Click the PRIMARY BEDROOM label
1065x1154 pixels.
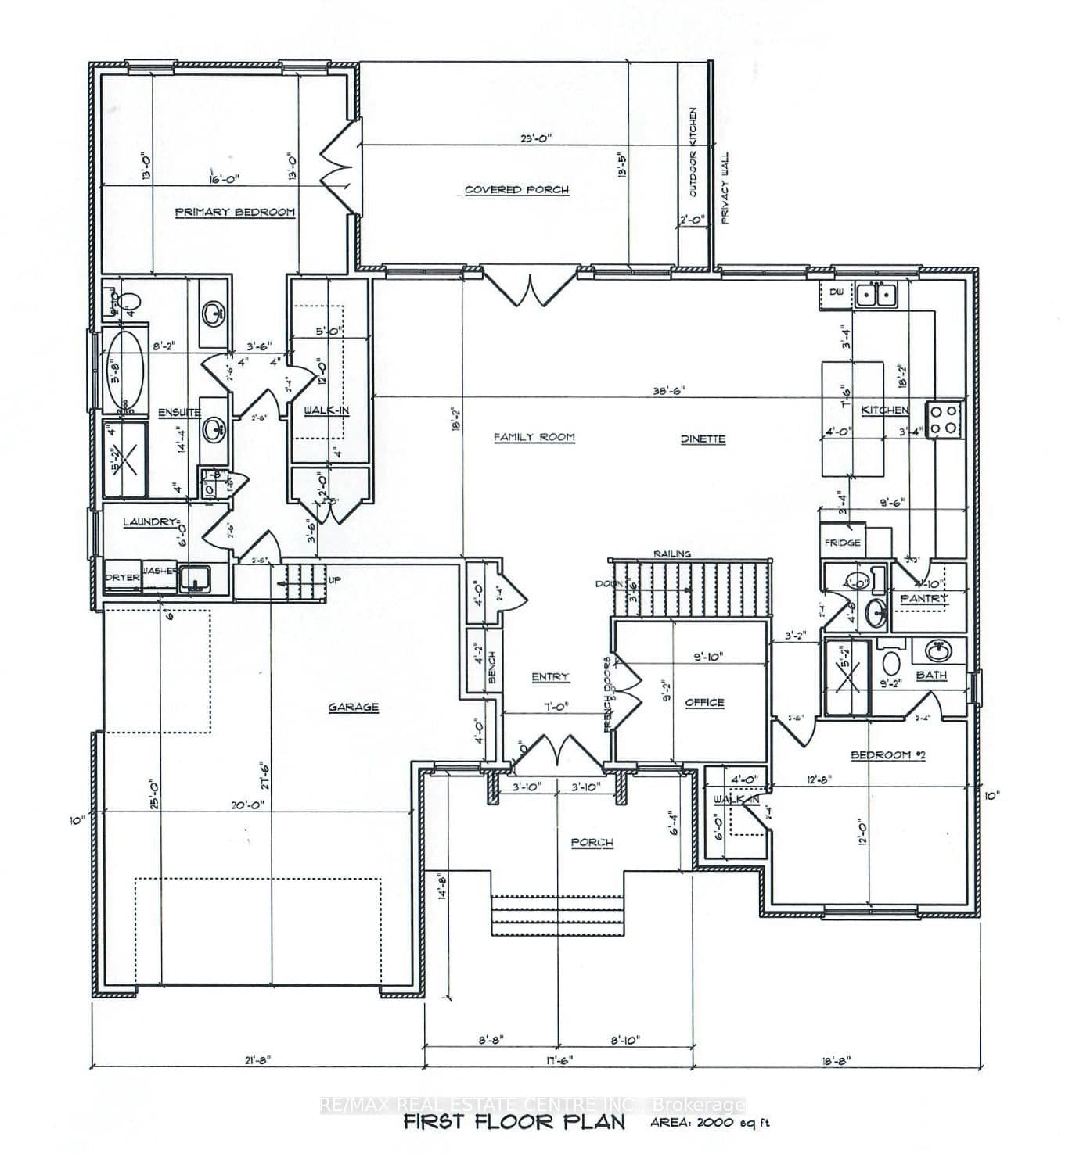[x=235, y=212]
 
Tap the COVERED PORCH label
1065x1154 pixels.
[x=516, y=189]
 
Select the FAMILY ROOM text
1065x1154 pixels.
[x=534, y=437]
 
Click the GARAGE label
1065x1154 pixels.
[x=353, y=707]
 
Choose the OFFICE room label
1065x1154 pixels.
[x=704, y=703]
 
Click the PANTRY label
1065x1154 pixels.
[x=924, y=599]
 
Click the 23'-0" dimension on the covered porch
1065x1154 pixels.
[x=536, y=138]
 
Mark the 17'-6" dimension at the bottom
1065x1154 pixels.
[x=558, y=1060]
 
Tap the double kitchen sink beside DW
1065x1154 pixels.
[x=875, y=295]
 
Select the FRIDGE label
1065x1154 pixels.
[x=842, y=542]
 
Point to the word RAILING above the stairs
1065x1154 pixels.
[x=672, y=554]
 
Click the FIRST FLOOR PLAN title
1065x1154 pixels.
[x=514, y=1123]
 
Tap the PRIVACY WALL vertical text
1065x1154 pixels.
[x=725, y=188]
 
